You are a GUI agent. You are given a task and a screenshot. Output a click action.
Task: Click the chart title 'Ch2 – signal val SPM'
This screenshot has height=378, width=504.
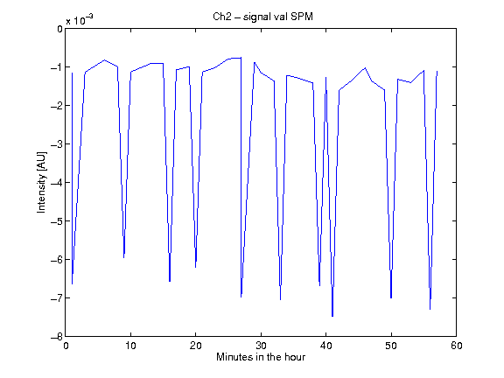pos(262,17)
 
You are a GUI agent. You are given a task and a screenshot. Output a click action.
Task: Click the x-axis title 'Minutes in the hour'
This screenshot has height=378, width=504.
pos(261,357)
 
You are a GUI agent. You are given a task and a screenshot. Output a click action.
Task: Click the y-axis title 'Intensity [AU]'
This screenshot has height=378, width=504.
pos(41,182)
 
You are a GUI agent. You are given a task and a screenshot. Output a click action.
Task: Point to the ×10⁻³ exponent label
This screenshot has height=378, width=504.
pos(80,19)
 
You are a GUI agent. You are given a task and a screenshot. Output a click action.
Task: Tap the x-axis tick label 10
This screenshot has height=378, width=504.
pos(130,346)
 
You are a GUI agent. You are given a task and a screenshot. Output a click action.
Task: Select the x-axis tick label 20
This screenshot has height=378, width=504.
pos(195,346)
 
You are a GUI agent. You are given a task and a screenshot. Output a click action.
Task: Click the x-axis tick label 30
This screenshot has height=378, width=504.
pos(261,346)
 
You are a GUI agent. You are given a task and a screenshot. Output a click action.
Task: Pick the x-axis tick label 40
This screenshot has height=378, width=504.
pos(325,346)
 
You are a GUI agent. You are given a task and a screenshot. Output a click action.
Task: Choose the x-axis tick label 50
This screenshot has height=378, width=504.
pos(391,346)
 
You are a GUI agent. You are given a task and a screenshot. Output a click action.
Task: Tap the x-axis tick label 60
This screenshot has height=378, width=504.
pos(457,346)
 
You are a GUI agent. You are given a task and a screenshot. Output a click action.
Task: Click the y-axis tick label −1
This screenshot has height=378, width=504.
pos(57,67)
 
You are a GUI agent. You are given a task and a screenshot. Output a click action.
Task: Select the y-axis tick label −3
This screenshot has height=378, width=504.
pos(57,144)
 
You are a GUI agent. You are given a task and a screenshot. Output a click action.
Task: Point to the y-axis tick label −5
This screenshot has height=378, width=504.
pos(57,221)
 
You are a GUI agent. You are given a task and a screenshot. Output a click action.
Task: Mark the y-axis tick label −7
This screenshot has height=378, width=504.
pos(57,298)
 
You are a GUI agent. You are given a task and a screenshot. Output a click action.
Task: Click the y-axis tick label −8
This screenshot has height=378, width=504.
pos(57,337)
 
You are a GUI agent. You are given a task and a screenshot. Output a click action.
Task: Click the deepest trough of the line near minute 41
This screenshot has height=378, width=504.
pos(332,316)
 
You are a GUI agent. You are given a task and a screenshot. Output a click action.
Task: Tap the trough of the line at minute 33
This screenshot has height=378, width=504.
pos(280,299)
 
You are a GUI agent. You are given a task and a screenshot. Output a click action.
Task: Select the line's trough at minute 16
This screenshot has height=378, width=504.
pos(170,282)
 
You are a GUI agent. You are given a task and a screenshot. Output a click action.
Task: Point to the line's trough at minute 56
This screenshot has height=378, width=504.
pos(430,309)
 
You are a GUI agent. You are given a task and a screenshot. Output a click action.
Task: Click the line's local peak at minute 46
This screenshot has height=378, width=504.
pos(365,68)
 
